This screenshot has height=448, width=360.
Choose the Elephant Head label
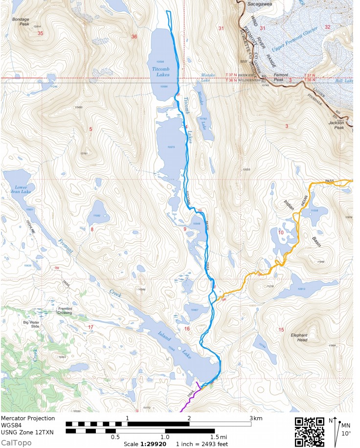point(299,337)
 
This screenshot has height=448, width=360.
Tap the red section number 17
point(90,327)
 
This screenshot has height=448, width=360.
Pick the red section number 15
point(281,329)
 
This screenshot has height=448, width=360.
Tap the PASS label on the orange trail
point(330,181)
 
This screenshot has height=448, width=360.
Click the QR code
point(309,431)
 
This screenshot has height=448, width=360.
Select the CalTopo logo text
point(16,443)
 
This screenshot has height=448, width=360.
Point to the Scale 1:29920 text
point(144,444)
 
